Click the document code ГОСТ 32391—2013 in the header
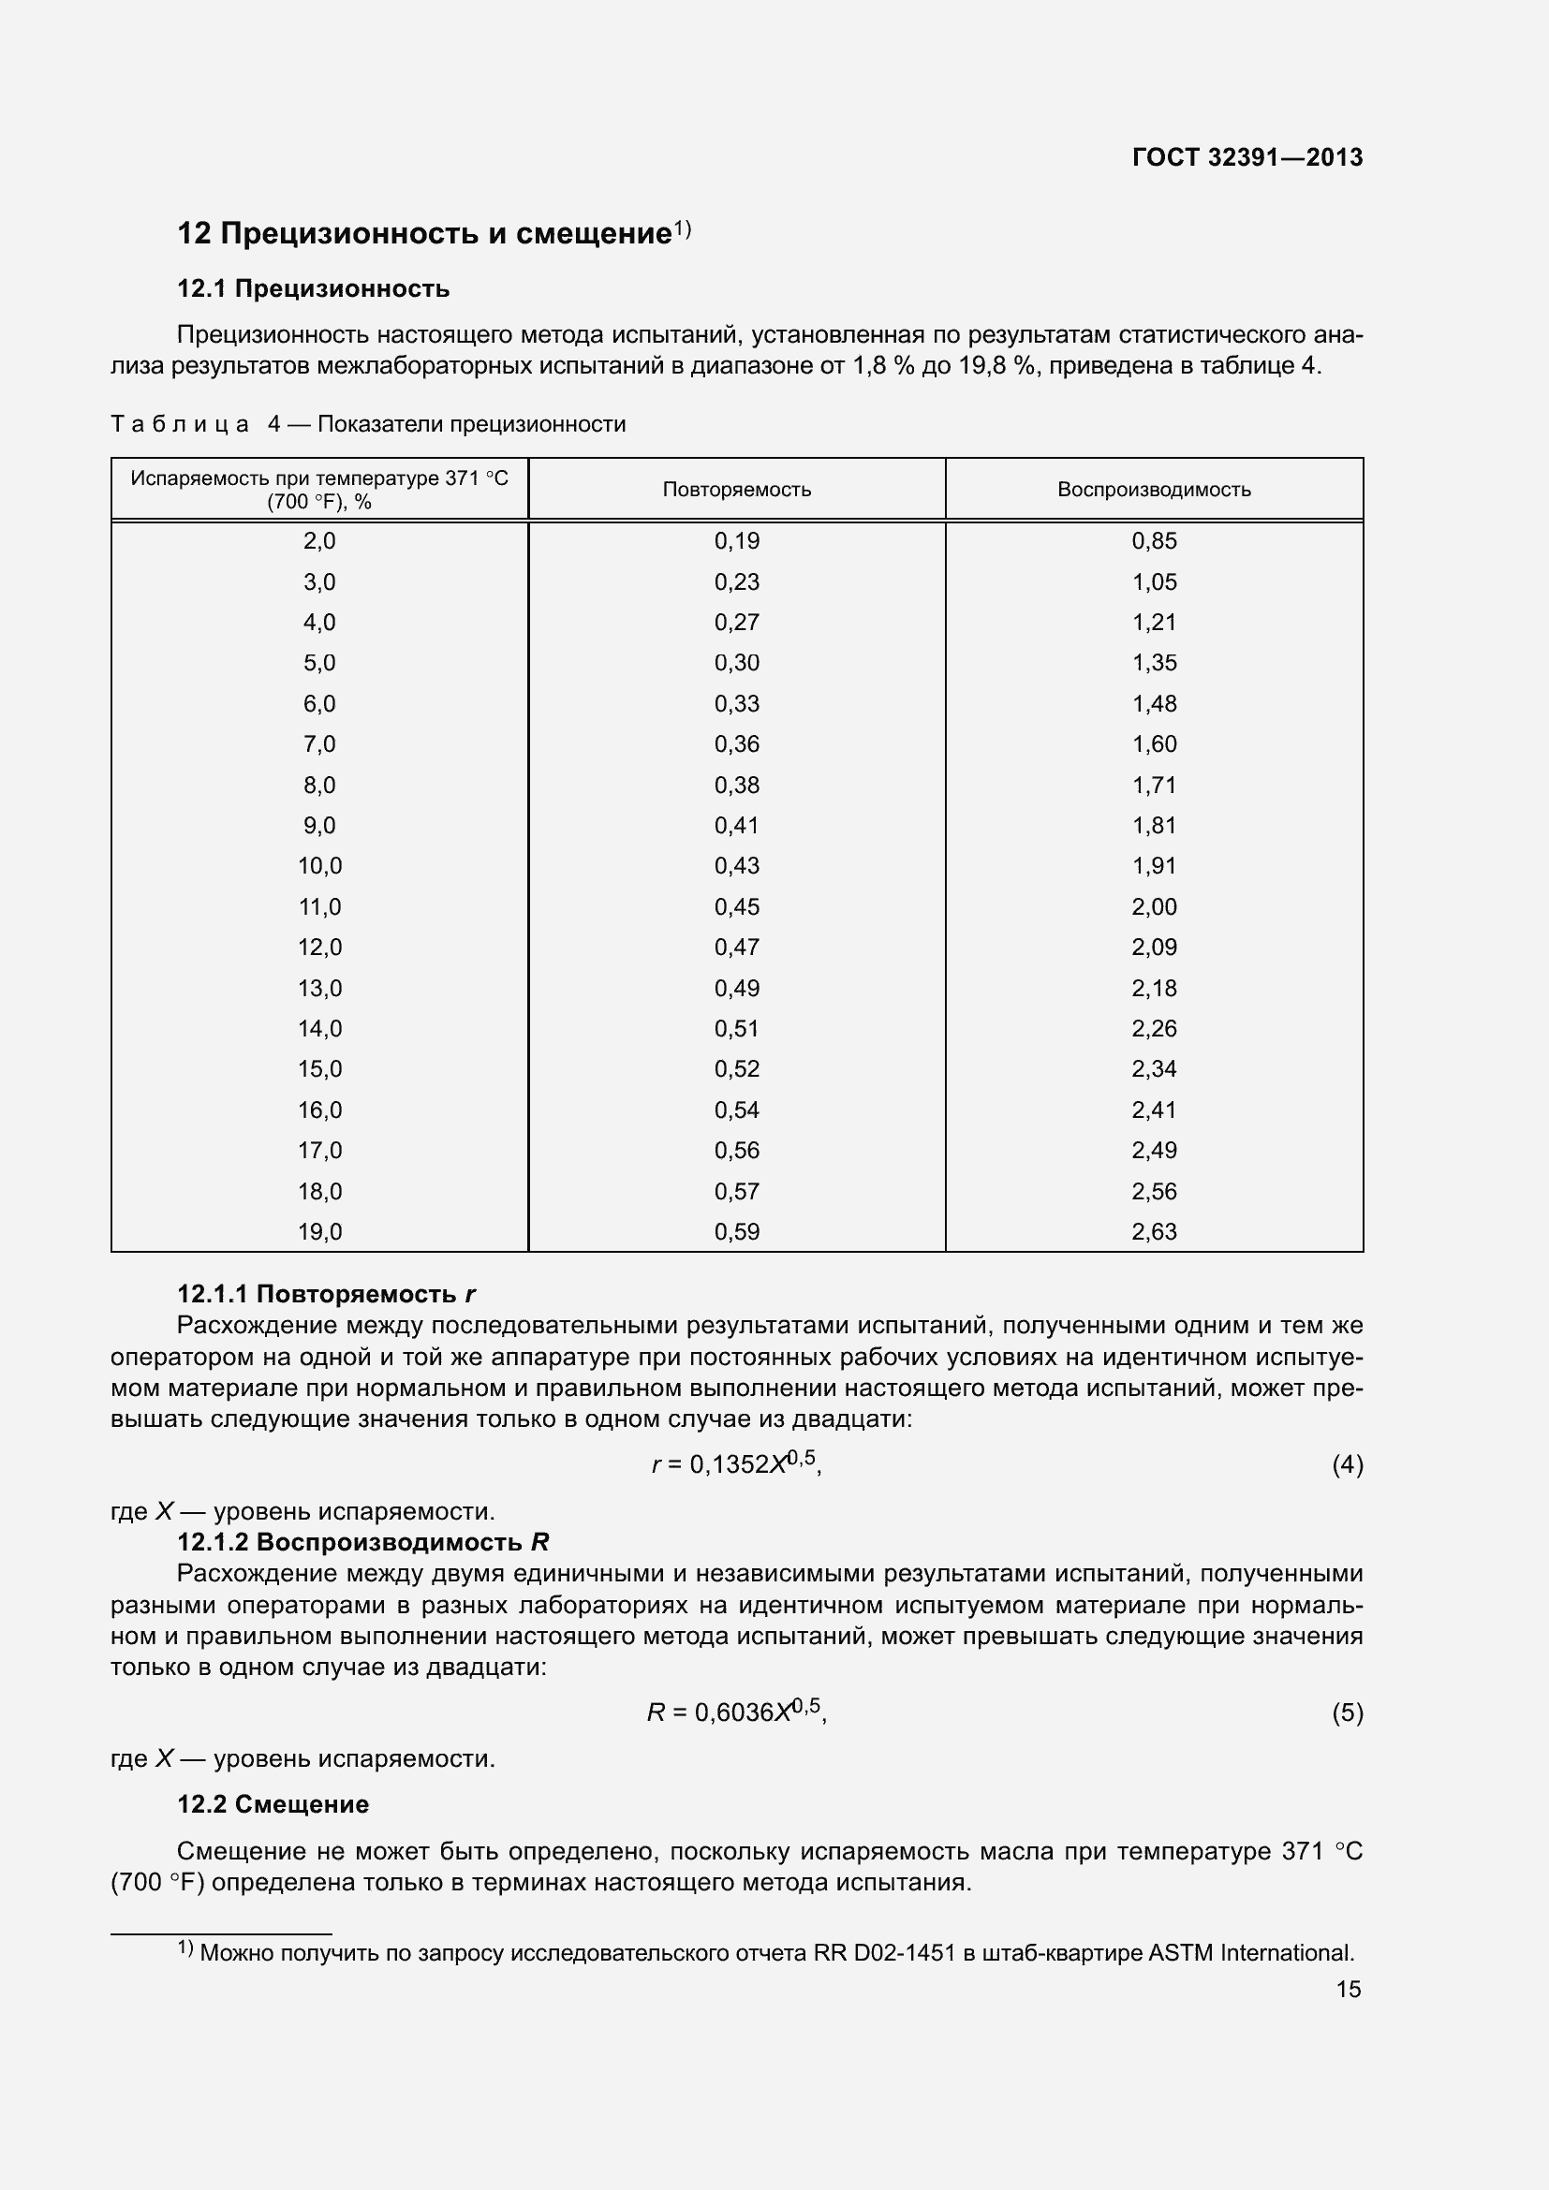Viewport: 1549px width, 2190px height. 1247,157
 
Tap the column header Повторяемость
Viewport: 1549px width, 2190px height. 736,490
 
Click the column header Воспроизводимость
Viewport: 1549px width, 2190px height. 1153,490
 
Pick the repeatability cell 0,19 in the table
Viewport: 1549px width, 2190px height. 736,541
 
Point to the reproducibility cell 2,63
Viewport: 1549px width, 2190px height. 1153,1231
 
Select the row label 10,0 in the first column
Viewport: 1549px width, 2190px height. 319,866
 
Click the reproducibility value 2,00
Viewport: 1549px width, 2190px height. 1153,907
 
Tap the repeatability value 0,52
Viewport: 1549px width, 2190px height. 736,1069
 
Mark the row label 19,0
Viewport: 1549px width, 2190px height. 319,1231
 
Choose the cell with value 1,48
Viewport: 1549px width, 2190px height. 1153,704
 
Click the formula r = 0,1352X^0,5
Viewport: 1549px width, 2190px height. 735,1464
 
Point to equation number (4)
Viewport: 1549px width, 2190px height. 1347,1464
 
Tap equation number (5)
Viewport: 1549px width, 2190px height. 1347,1713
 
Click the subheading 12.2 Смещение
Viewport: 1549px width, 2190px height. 273,1804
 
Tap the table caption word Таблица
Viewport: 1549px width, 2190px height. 180,424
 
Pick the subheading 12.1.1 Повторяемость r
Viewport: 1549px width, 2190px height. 326,1294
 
